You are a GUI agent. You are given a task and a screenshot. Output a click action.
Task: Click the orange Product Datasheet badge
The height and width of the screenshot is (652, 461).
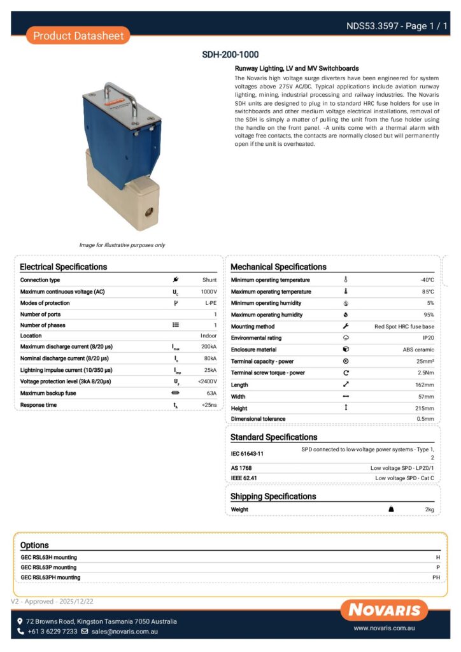click(78, 36)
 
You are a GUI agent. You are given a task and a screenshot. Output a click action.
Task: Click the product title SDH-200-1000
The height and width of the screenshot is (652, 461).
click(230, 55)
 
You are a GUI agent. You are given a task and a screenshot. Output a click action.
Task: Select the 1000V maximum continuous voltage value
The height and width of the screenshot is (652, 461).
click(209, 292)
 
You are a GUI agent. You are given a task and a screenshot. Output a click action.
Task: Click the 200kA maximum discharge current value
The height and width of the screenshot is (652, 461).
click(208, 347)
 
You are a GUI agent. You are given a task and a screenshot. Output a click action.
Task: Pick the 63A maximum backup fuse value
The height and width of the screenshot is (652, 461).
click(210, 393)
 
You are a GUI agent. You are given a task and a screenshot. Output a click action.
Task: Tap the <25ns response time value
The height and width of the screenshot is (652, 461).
click(209, 405)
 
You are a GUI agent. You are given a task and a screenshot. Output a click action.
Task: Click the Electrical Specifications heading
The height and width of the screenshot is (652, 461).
click(63, 267)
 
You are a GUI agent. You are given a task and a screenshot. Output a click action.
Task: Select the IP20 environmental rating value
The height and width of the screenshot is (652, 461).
click(428, 337)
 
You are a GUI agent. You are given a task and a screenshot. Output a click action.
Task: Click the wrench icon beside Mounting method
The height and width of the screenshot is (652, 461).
click(346, 326)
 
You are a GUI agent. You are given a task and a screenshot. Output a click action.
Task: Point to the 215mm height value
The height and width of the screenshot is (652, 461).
click(425, 408)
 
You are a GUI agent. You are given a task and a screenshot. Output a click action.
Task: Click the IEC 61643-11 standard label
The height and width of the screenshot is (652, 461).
click(248, 454)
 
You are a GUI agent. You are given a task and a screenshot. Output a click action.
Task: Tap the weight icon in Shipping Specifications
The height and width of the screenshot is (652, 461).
click(391, 509)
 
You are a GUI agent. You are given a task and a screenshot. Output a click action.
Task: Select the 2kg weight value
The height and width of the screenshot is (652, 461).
click(429, 509)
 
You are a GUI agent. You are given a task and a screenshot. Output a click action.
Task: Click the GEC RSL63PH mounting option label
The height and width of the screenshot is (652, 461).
click(50, 578)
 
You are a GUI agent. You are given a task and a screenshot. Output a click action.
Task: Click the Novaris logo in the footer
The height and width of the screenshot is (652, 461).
click(384, 610)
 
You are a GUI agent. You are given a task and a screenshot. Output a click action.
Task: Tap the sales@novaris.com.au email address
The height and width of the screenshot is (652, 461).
click(124, 632)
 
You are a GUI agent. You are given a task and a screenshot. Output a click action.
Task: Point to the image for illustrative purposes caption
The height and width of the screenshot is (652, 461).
click(122, 245)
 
